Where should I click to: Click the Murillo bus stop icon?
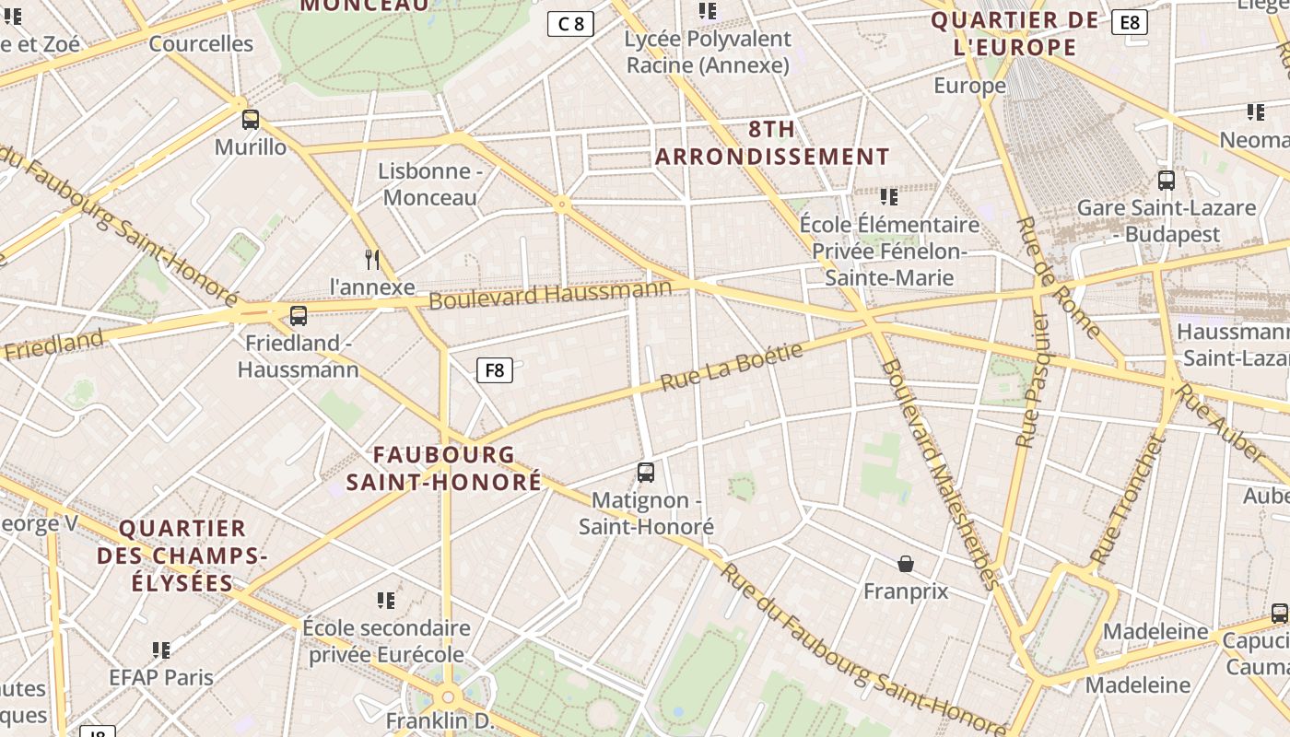250,120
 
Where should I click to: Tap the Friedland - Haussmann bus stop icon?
298,316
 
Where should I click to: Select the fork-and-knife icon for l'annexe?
372,259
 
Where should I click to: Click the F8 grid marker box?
495,370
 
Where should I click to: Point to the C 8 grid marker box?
570,24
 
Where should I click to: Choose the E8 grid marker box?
1130,22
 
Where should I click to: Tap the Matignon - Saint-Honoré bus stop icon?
646,473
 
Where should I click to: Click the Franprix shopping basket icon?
906,564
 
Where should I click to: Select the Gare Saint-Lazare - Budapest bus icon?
1167,181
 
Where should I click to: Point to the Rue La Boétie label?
732,367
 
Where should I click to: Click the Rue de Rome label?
1057,276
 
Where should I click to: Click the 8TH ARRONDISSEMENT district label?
772,143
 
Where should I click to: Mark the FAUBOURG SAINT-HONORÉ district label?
444,468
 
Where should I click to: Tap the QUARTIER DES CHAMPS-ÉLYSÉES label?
182,556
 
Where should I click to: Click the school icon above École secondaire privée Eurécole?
386,601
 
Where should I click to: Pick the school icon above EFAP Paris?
161,650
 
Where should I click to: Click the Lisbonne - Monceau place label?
430,184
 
